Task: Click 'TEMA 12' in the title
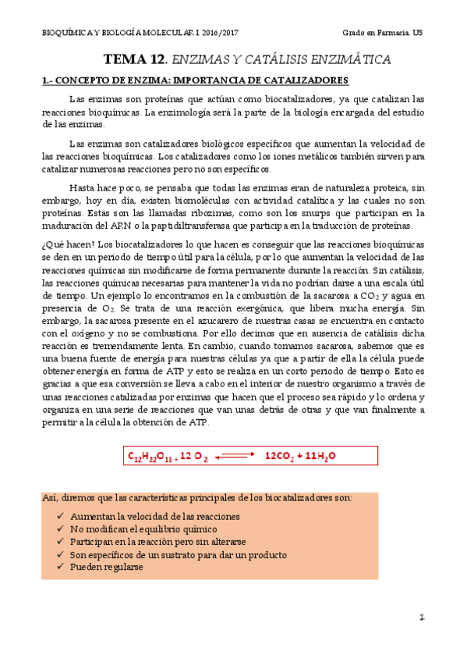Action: (x=135, y=59)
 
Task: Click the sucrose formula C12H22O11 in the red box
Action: (x=151, y=455)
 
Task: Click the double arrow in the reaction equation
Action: (x=235, y=455)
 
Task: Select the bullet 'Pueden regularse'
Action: (x=106, y=567)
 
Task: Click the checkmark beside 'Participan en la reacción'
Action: (x=62, y=542)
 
